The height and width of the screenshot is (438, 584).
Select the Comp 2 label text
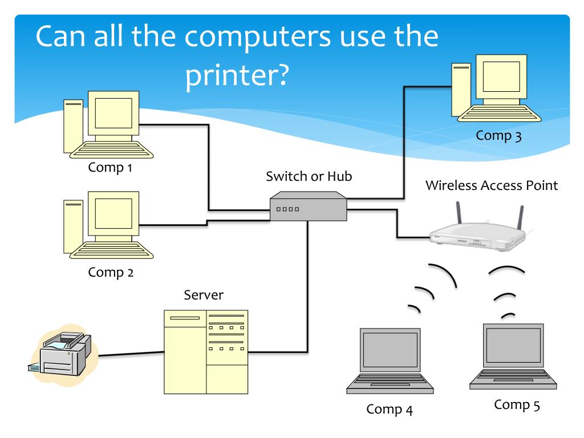(x=111, y=272)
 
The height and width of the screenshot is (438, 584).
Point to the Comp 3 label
(x=499, y=136)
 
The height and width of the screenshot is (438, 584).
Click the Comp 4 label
(x=390, y=409)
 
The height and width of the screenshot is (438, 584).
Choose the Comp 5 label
(x=517, y=405)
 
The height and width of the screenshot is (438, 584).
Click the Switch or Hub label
(x=309, y=176)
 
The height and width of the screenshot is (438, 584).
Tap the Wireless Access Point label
(x=492, y=185)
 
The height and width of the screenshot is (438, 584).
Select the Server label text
(x=204, y=295)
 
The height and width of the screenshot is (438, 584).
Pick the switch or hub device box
(x=308, y=208)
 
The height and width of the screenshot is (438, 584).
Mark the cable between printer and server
(x=131, y=354)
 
